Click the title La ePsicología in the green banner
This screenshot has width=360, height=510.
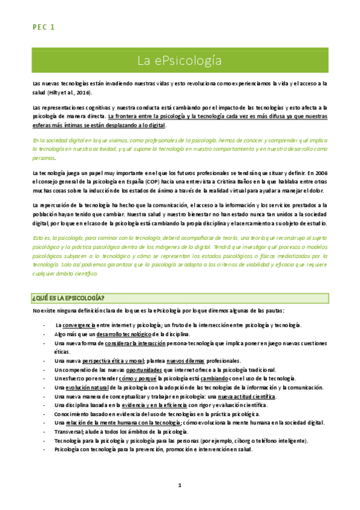[180, 61]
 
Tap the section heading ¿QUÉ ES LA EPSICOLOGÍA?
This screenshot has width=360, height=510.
[68, 298]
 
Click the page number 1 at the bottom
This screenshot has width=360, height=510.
[180, 486]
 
